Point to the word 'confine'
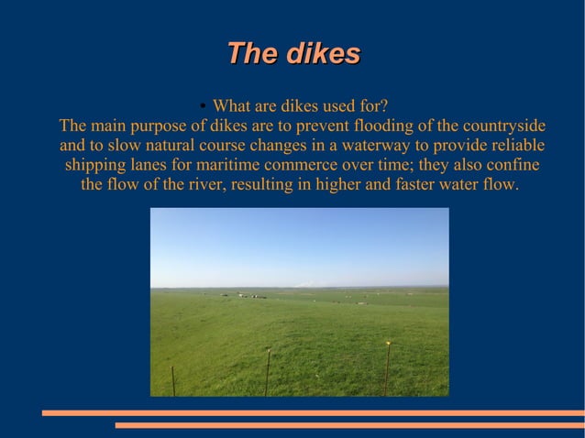click(512, 166)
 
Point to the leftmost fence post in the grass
click(173, 380)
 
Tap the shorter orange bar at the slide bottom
click(349, 425)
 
